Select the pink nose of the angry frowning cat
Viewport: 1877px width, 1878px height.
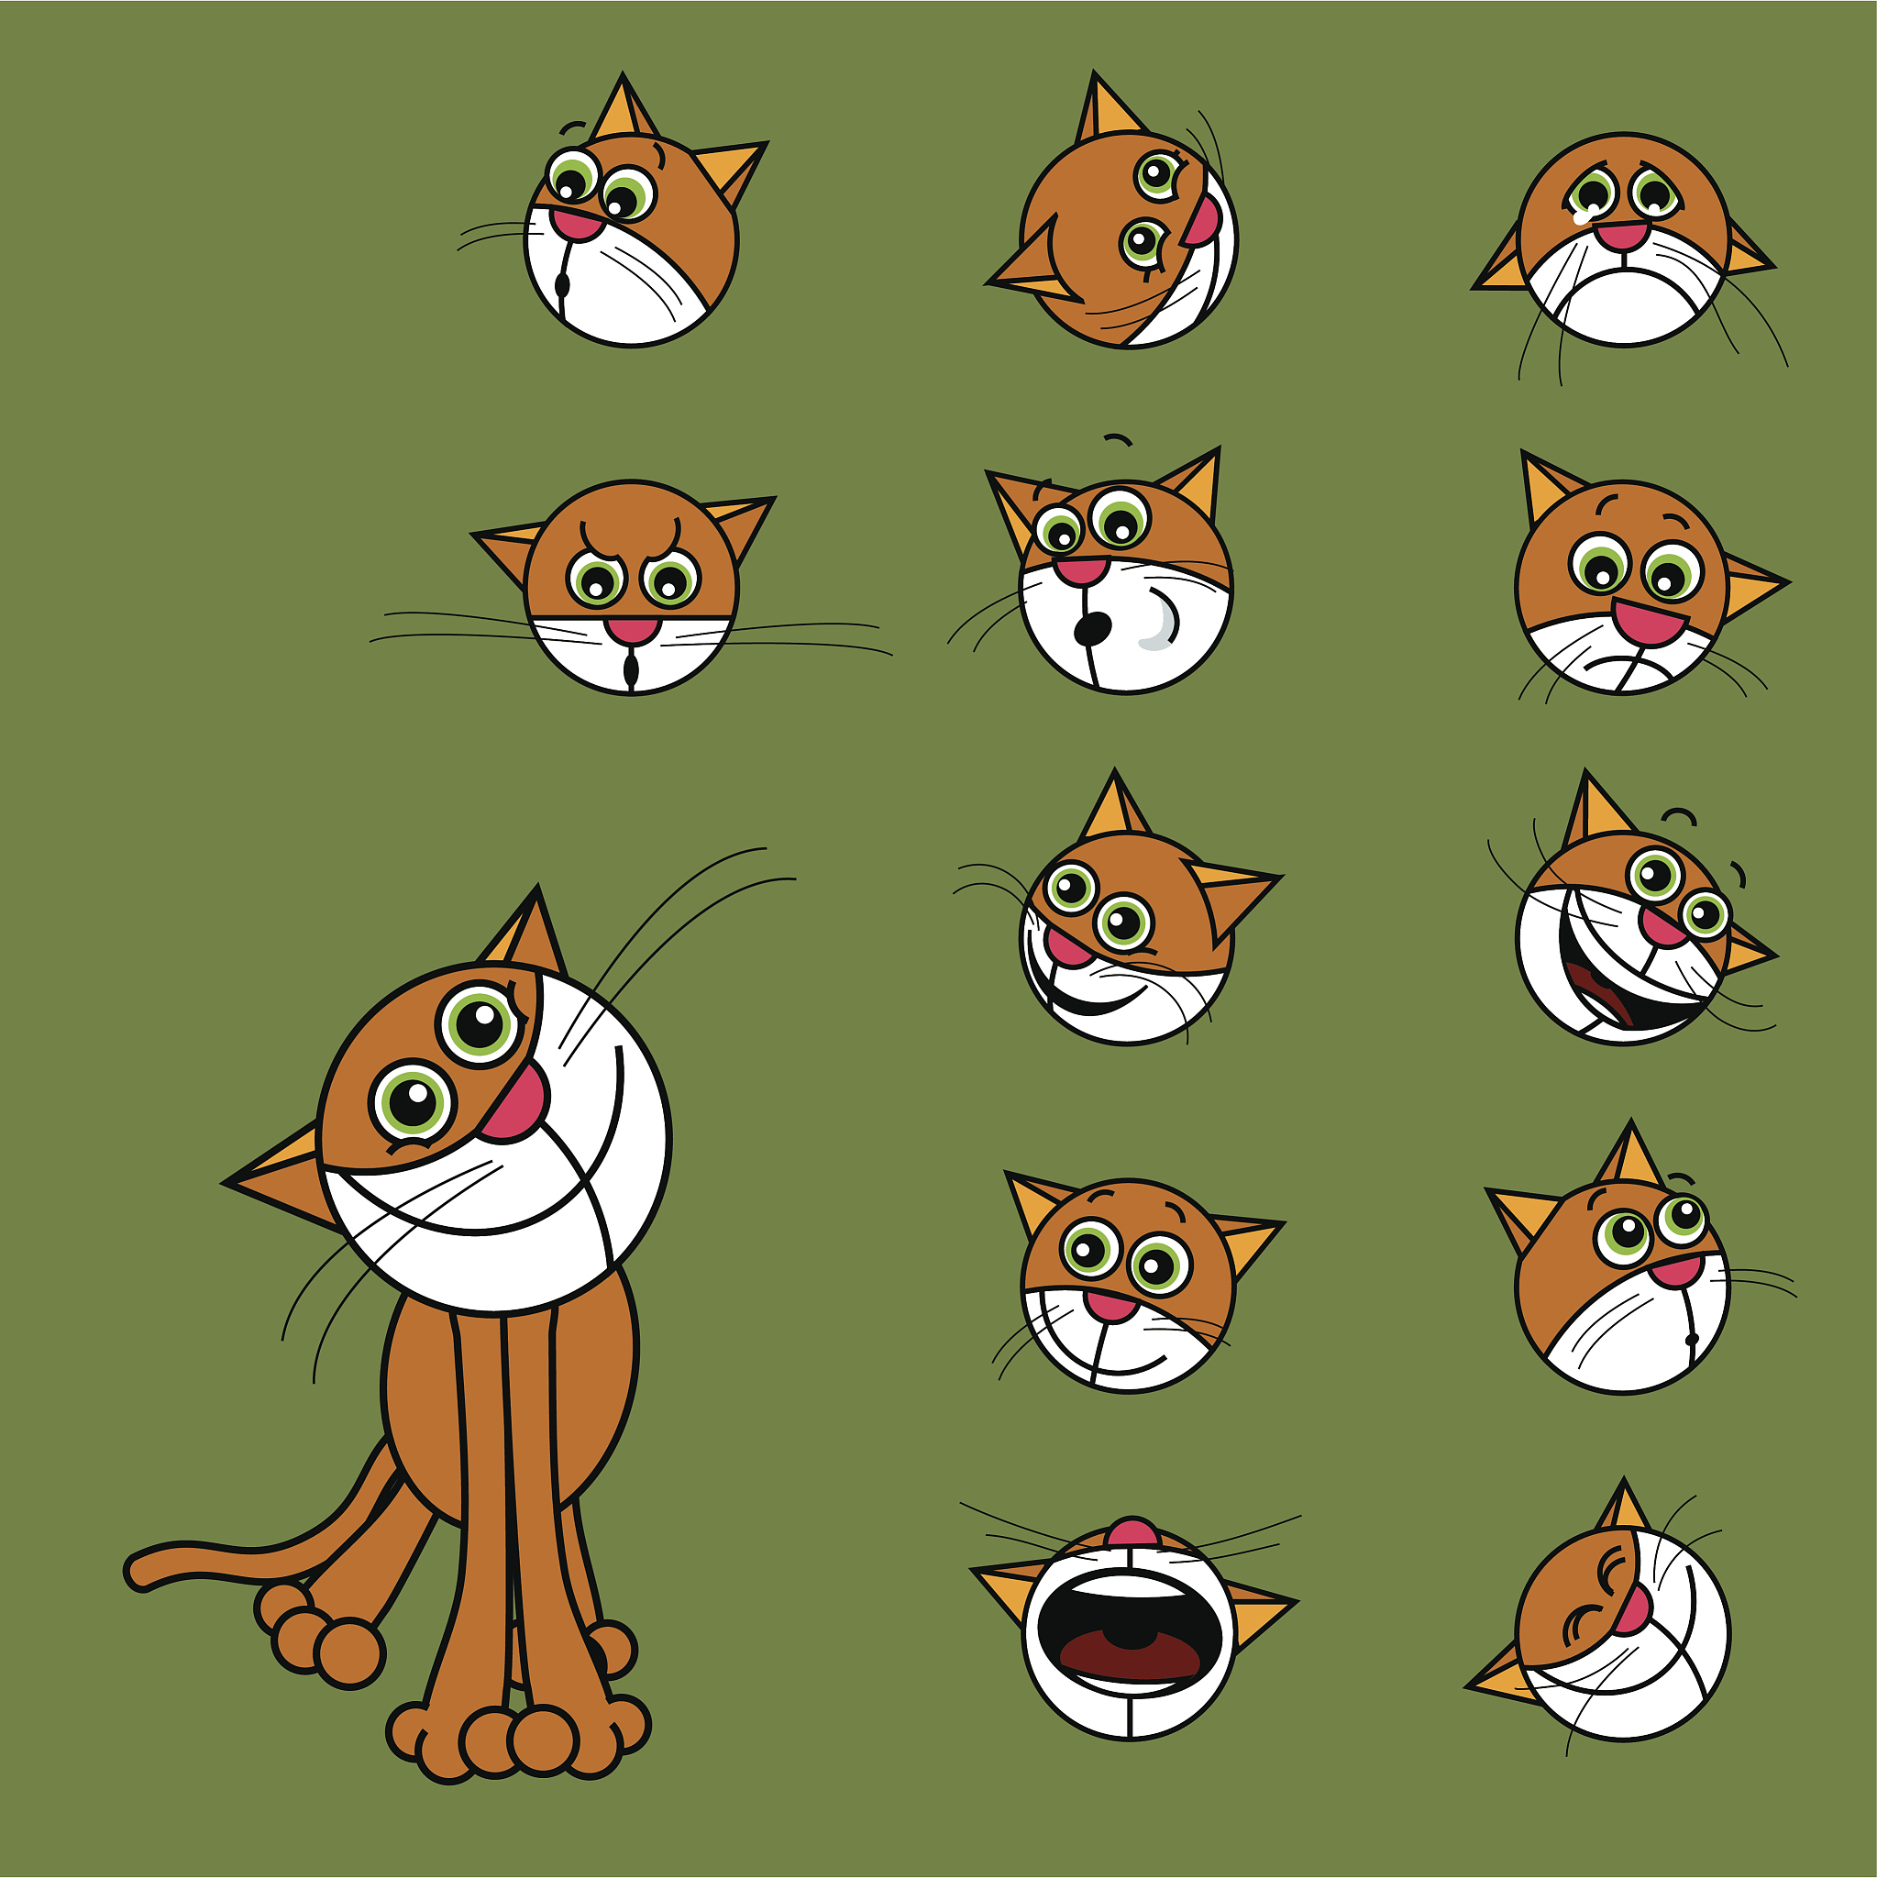tap(632, 629)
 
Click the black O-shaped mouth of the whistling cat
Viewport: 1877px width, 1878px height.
tap(1094, 628)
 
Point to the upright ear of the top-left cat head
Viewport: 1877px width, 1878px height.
tap(624, 109)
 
